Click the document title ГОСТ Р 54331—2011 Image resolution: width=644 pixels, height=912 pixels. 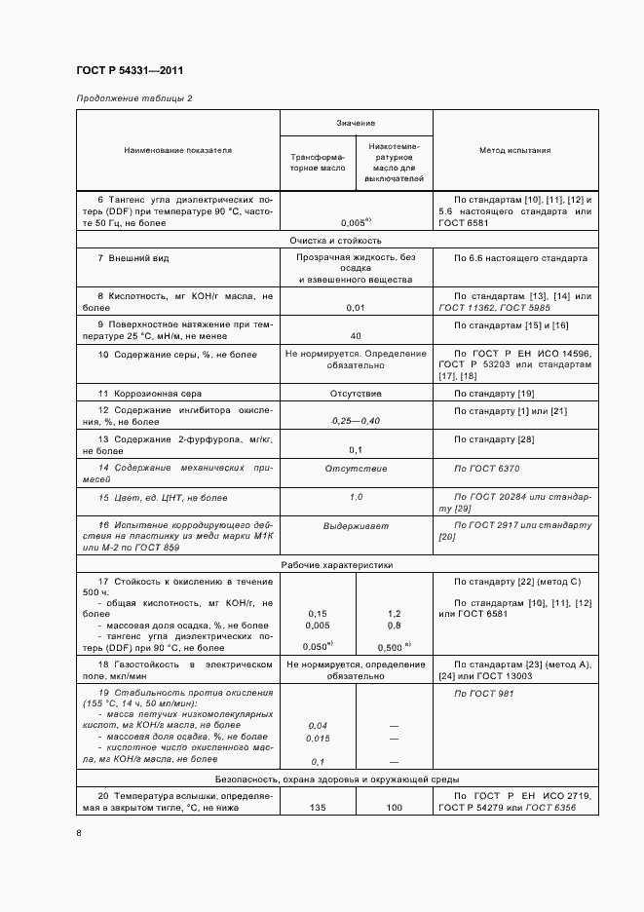[129, 71]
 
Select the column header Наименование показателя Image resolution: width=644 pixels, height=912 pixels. [178, 151]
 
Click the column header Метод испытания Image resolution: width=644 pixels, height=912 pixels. [514, 151]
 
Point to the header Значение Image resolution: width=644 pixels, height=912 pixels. [356, 123]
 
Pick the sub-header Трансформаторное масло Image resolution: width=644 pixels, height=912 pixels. [318, 162]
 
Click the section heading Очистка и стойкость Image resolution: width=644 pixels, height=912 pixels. [335, 240]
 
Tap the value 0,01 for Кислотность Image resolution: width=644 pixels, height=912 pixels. [356, 307]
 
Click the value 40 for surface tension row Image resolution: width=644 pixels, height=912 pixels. [356, 334]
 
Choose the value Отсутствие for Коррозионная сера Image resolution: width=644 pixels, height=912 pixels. [356, 393]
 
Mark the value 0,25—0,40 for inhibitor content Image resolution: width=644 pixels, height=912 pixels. [356, 420]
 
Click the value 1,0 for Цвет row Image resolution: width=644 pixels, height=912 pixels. [356, 497]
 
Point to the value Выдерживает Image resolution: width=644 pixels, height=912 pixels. [356, 525]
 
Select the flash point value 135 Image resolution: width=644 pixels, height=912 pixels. [318, 807]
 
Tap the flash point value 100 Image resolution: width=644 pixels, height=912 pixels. [394, 807]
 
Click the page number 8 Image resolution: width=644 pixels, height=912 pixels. [79, 833]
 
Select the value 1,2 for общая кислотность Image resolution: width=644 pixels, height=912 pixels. [394, 614]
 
